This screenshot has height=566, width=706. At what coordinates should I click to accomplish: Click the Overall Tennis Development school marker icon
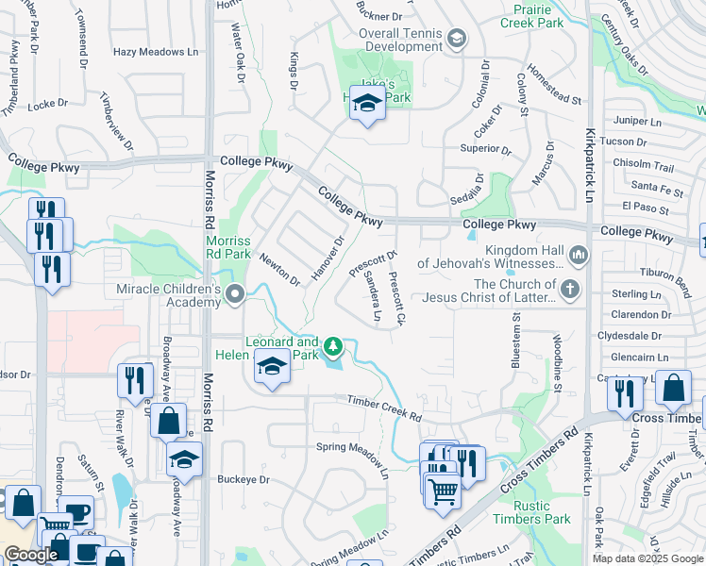point(457,38)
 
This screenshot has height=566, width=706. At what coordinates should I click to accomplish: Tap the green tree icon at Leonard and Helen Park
point(332,347)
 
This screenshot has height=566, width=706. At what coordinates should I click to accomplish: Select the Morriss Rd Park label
point(227,247)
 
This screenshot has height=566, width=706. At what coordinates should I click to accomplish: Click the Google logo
point(31,555)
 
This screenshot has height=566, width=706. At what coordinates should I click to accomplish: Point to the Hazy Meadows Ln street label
point(156,54)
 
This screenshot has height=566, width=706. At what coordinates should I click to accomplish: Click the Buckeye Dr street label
point(244,479)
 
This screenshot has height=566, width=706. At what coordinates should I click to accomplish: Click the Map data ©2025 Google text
point(647,558)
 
